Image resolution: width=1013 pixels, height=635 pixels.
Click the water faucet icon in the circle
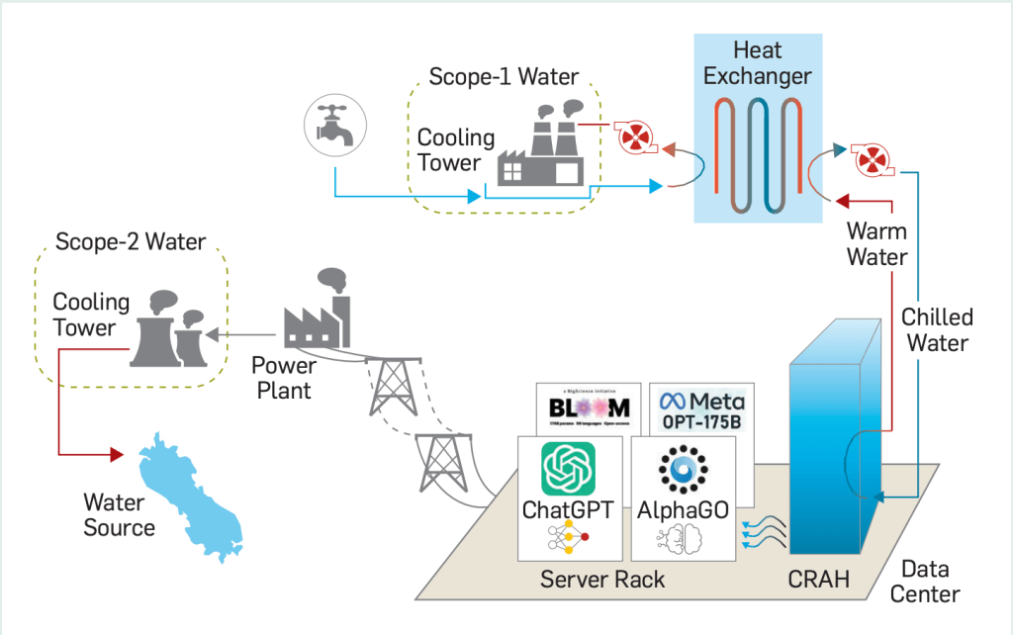coord(334,126)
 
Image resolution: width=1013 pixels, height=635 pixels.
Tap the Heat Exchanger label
coord(759,62)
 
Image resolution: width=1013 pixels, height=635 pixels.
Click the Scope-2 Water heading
coord(131,241)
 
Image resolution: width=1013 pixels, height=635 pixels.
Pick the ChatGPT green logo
coord(569,468)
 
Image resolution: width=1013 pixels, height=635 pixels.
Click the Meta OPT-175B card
coord(702,407)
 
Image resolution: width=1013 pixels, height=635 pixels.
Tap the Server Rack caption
coord(602,580)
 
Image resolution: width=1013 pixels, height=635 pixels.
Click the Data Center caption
coord(925,583)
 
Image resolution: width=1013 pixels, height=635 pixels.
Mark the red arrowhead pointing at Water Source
coord(117,454)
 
